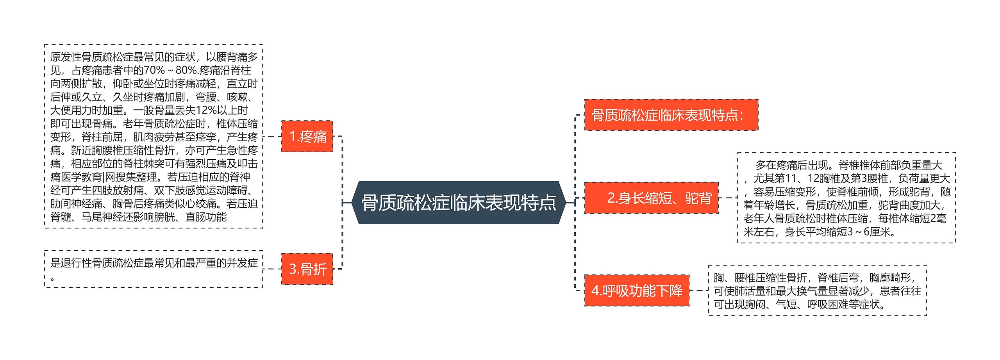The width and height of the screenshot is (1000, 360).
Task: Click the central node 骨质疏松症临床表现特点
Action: click(459, 202)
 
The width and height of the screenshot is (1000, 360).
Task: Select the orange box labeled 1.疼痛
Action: click(307, 136)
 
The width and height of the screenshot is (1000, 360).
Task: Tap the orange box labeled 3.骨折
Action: click(307, 269)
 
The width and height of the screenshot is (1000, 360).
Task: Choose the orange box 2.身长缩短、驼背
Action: click(651, 198)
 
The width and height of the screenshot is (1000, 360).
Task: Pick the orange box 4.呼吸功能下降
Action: click(637, 290)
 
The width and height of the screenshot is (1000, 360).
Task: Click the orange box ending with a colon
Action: click(671, 115)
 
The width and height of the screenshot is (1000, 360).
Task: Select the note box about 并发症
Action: click(154, 269)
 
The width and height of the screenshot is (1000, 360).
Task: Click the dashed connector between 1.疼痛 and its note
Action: click(272, 136)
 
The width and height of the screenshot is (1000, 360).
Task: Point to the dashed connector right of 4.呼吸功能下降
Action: click(698, 290)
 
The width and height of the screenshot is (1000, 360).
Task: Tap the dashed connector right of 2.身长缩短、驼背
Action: click(728, 198)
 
